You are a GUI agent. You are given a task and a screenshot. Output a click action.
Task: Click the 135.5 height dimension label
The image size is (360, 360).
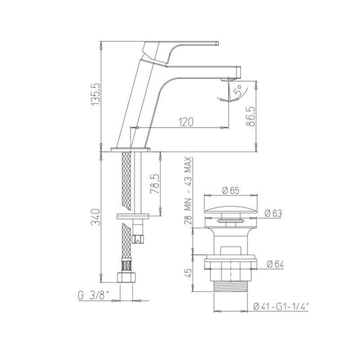coord(96,95)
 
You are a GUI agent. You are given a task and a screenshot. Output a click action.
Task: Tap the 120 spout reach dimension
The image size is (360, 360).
coord(186,122)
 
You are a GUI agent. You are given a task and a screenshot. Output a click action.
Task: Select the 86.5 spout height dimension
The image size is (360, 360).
coord(251,116)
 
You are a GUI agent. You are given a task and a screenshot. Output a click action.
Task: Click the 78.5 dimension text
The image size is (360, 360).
coord(155,184)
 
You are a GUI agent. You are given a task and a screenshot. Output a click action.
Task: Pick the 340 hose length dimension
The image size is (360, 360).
coord(95,217)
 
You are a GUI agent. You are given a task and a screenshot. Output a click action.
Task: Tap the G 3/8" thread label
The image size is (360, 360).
coord(94,295)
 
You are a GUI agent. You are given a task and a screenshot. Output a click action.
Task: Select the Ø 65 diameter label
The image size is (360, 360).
coord(231,190)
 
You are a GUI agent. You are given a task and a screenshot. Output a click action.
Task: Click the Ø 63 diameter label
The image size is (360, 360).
coord(274,213)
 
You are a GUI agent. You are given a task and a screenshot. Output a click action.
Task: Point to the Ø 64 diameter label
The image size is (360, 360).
coord(276,264)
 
